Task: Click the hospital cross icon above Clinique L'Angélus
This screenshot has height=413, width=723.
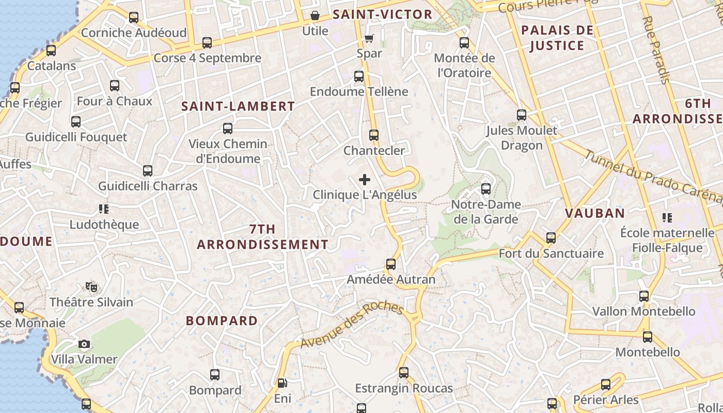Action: pos(365,180)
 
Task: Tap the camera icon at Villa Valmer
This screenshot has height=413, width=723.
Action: pos(84,344)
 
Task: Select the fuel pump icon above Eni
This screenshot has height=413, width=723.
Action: pos(282,383)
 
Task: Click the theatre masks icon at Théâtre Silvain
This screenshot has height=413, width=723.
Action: pos(91,287)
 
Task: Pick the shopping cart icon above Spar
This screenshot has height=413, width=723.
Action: pos(369,38)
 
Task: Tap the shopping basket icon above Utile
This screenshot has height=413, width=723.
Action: pos(315,16)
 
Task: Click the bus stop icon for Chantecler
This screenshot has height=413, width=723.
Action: pos(374,135)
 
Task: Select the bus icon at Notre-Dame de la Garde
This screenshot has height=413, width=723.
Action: pos(485,189)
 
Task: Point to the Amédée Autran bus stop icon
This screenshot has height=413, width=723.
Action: pos(391,264)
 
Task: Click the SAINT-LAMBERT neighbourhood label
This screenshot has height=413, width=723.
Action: pos(238,107)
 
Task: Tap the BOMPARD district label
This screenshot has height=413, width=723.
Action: pos(222,321)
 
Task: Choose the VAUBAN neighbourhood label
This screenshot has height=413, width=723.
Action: pos(594,213)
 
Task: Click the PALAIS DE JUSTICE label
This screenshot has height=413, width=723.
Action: pos(557,38)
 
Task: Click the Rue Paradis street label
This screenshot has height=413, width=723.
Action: pos(655,50)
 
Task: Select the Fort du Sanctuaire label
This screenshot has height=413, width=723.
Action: pos(551,253)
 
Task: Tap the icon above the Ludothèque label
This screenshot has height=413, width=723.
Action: pos(104,209)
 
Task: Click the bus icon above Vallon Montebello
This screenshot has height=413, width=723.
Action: pos(644,296)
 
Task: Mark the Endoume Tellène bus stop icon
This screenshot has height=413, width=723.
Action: pos(359,76)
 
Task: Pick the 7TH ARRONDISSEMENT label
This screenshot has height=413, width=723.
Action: pos(262,236)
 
